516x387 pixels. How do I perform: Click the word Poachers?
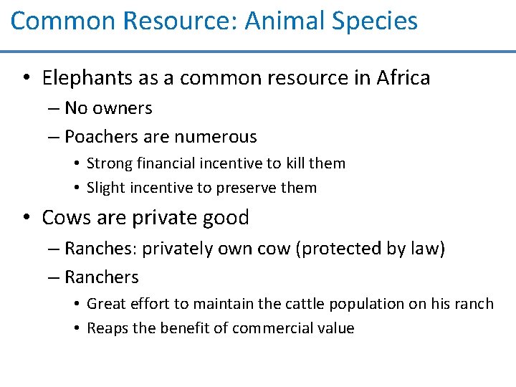click(96, 136)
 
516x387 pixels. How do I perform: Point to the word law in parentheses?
click(426, 249)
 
